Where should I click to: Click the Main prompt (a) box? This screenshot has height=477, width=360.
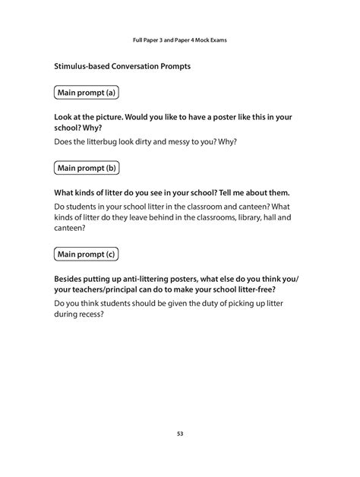(x=87, y=93)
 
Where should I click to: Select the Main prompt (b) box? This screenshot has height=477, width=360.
(x=87, y=167)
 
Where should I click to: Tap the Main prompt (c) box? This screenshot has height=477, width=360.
(x=87, y=253)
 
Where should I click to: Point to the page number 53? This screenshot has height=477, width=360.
(x=180, y=434)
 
